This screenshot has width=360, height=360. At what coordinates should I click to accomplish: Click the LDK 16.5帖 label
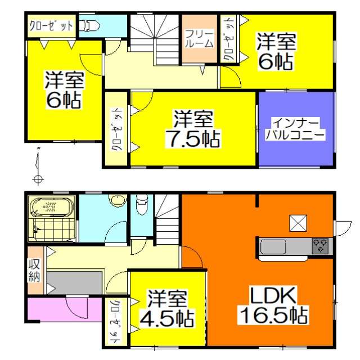click(x=274, y=305)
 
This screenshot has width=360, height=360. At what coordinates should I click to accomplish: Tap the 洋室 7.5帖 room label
click(x=193, y=129)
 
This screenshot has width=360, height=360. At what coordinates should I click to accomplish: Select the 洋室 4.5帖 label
click(x=167, y=308)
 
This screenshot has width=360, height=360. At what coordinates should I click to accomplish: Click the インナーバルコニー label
click(x=295, y=129)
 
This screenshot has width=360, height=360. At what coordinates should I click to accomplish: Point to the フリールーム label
click(x=199, y=38)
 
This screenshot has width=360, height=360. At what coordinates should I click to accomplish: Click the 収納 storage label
click(x=34, y=271)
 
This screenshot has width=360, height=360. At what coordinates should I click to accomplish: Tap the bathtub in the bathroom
click(x=52, y=208)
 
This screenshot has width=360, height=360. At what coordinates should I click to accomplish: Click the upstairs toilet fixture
click(x=89, y=26)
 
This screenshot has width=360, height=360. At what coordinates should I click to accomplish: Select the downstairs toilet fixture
click(x=141, y=205)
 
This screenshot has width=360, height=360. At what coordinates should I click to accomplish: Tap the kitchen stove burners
click(x=320, y=246)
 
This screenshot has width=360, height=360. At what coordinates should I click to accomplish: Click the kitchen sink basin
click(x=273, y=247)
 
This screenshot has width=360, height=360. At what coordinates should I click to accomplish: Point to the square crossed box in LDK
click(x=298, y=223)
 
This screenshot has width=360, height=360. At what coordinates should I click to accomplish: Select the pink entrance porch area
click(x=64, y=309)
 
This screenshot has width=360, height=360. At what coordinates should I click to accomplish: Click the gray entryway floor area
click(x=74, y=282)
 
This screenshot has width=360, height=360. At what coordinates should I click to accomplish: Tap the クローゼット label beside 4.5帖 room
click(x=115, y=321)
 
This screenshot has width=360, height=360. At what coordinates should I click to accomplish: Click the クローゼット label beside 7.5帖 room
click(x=116, y=129)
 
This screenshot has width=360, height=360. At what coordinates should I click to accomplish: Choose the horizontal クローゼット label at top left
click(x=51, y=26)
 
